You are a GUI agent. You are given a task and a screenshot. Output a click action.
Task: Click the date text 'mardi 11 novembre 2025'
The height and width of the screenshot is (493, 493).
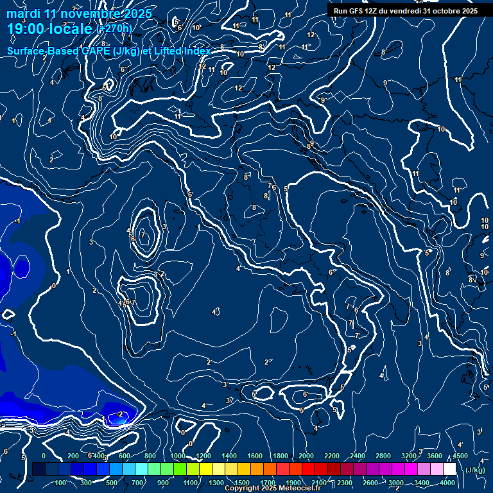click(79, 13)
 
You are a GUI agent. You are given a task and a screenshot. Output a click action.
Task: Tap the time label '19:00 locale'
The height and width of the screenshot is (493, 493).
click(49, 29)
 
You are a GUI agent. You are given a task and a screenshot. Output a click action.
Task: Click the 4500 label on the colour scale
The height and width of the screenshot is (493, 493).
click(460, 456)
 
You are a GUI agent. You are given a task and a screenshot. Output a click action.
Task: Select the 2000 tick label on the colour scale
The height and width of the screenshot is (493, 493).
click(306, 456)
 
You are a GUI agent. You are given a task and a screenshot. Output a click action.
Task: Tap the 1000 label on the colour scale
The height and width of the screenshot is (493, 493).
click(178, 456)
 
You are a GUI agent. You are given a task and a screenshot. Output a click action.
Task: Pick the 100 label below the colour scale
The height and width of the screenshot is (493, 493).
click(61, 483)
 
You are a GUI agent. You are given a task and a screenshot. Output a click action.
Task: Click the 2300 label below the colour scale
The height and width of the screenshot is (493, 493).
click(344, 483)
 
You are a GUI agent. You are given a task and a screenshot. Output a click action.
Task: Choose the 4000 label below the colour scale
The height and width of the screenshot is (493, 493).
click(447, 483)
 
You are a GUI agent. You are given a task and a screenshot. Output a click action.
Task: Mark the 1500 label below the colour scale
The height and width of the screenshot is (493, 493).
click(241, 483)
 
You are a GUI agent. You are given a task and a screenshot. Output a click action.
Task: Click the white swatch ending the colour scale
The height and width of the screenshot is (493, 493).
click(449, 469)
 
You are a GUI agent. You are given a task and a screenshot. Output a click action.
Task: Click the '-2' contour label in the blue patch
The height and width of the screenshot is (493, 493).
click(120, 414)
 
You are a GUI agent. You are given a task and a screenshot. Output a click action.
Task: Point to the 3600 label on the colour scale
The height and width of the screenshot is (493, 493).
click(435, 456)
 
